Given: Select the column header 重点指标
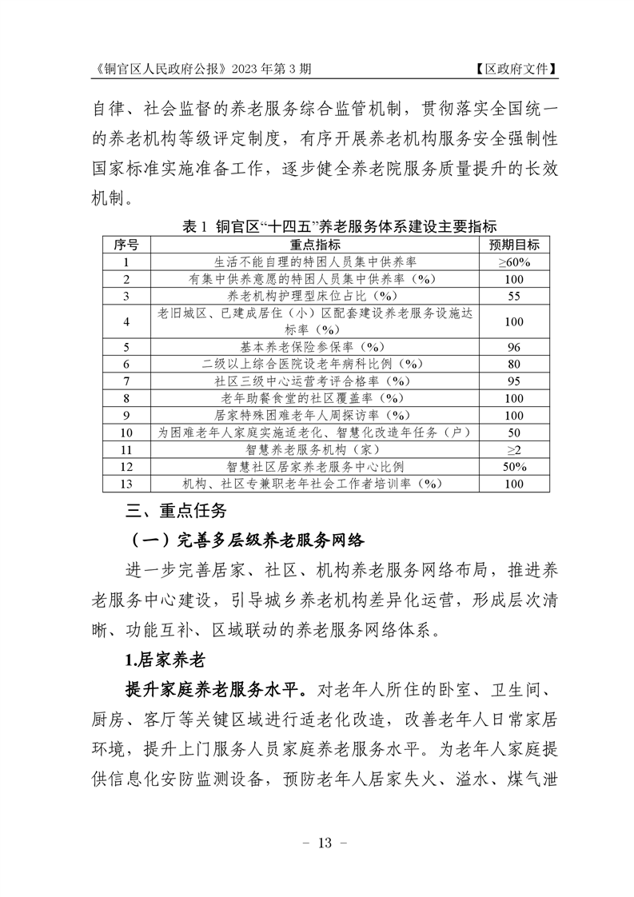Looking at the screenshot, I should click(x=317, y=244).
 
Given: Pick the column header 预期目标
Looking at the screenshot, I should click(x=514, y=244).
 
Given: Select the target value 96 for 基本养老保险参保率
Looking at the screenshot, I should click(x=514, y=347).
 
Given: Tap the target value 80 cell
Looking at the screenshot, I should click(x=514, y=364).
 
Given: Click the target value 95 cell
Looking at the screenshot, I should click(x=514, y=381).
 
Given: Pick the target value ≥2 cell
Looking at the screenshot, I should click(x=514, y=449).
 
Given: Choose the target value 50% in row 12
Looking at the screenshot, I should click(x=514, y=466).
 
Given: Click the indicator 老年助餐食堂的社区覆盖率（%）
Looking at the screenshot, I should click(x=317, y=398).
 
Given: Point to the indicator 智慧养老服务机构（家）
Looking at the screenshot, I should click(x=317, y=449).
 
